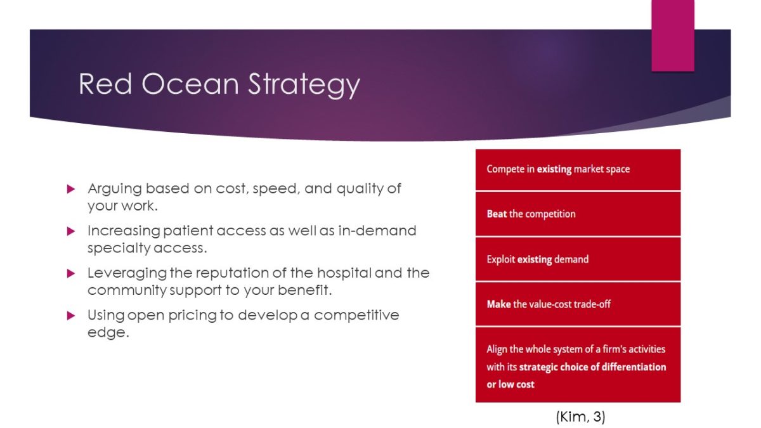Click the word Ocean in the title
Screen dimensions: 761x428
click(x=190, y=84)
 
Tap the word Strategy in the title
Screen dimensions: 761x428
click(x=304, y=85)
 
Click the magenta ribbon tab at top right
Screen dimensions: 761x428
click(x=673, y=36)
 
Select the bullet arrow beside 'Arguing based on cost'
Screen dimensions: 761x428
click(x=71, y=189)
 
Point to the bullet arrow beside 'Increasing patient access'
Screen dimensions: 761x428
click(x=71, y=231)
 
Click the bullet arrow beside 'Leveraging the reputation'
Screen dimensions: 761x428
click(x=71, y=273)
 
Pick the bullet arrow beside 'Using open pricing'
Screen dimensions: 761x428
click(x=71, y=316)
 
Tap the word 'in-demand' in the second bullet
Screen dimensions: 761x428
click(x=377, y=231)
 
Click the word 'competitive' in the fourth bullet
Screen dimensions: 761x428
click(x=356, y=316)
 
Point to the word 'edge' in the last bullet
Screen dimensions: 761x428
click(x=108, y=333)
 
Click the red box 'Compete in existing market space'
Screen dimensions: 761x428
click(x=578, y=169)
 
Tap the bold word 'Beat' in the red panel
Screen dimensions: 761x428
click(x=497, y=214)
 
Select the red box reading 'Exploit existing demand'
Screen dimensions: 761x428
click(x=578, y=259)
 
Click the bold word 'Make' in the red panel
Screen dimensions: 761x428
click(x=498, y=304)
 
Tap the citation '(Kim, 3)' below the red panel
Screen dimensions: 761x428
click(x=581, y=417)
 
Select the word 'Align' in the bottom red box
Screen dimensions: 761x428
click(x=497, y=349)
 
